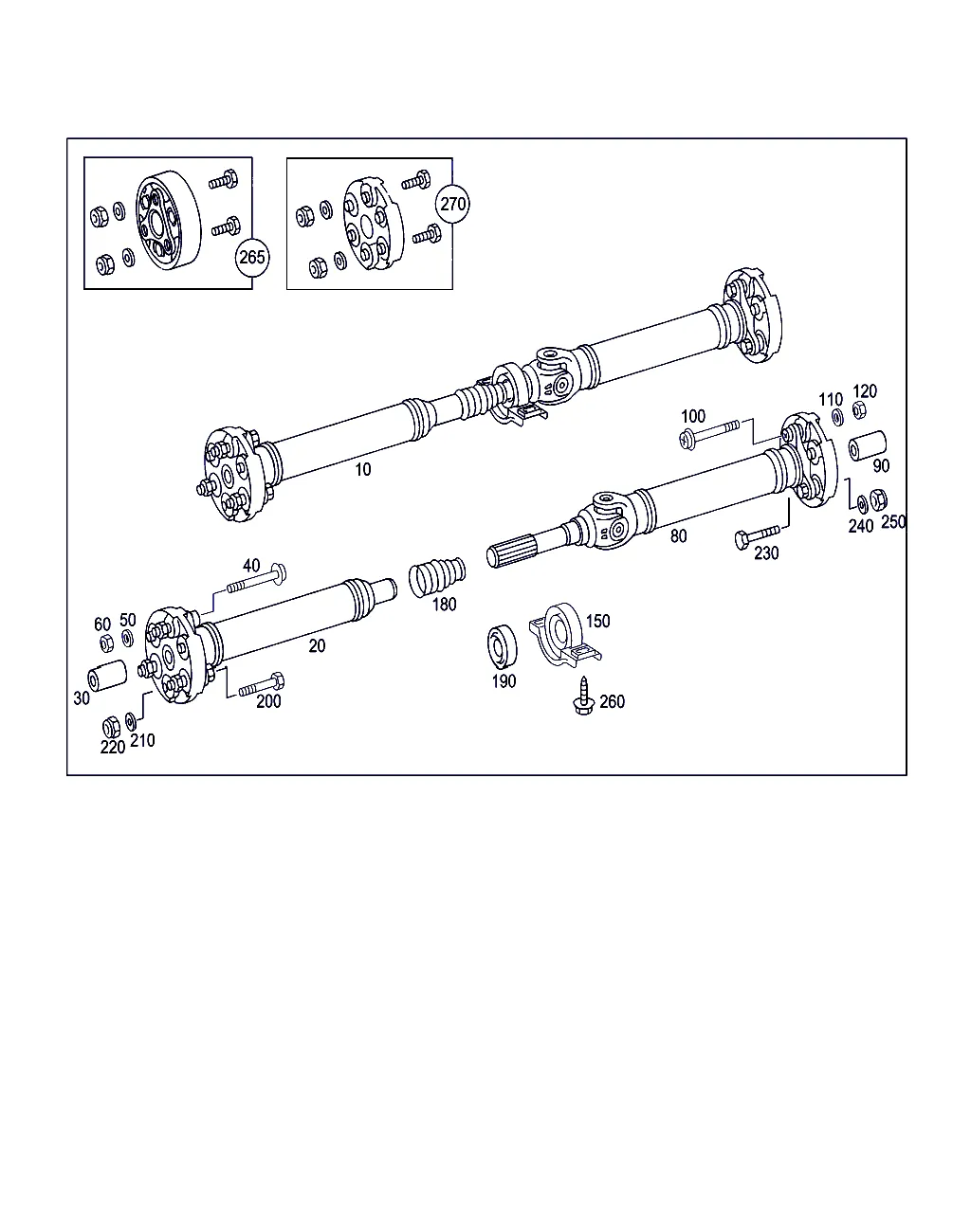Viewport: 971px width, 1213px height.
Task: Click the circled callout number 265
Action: click(x=251, y=257)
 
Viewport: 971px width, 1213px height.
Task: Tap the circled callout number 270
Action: click(x=452, y=204)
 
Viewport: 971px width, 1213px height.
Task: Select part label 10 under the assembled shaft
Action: click(x=363, y=469)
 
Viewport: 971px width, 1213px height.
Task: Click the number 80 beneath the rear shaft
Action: click(x=678, y=535)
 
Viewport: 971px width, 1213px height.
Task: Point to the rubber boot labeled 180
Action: click(x=437, y=576)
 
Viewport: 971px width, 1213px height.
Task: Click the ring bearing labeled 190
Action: click(x=503, y=646)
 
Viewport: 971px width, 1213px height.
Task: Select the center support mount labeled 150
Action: click(x=564, y=635)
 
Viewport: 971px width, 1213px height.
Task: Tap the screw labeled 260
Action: click(x=584, y=697)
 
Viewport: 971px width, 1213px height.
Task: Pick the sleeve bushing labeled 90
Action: click(x=868, y=445)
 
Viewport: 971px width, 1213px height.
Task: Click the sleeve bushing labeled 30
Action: click(x=107, y=676)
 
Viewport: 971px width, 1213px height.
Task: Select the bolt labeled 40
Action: click(x=257, y=580)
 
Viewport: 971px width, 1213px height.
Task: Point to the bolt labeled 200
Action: click(x=261, y=685)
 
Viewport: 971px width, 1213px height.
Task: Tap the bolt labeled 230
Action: click(x=757, y=537)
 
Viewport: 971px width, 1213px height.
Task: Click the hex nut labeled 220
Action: click(x=111, y=727)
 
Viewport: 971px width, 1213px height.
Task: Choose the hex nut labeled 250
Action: click(x=878, y=499)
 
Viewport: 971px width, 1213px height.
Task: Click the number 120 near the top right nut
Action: click(x=865, y=391)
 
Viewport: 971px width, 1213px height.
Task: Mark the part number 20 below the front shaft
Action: click(x=317, y=645)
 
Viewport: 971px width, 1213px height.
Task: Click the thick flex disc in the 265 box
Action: click(x=168, y=224)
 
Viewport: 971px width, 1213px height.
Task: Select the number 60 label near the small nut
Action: click(x=102, y=624)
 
